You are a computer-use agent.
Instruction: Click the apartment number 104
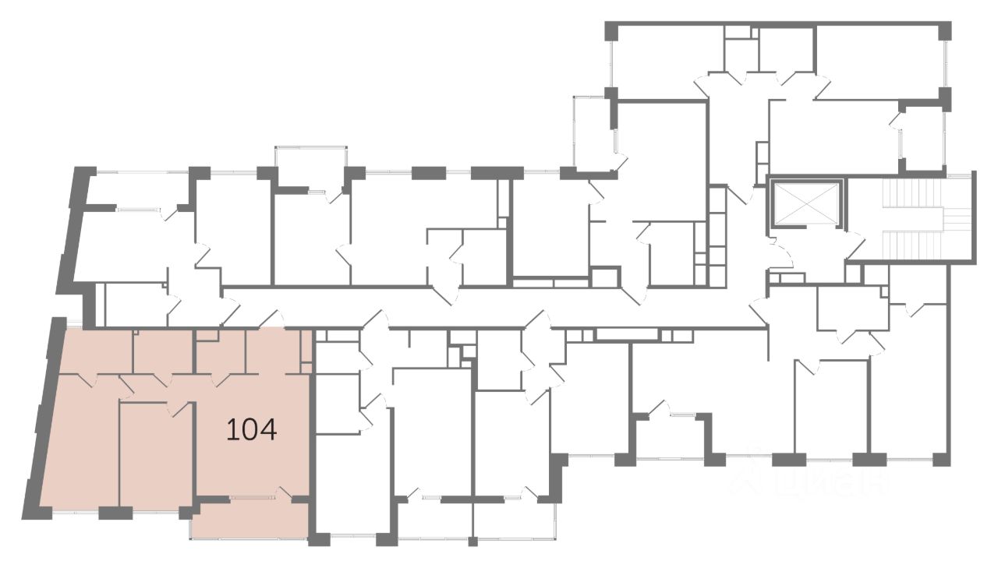pos(251,429)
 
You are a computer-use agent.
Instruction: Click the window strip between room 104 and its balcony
pos(249,497)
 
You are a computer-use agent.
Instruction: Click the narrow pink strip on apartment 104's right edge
pos(306,351)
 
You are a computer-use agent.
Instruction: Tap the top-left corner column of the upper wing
pos(612,30)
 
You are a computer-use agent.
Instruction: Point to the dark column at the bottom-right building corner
pos(941,459)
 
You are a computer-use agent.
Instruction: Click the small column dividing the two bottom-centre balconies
pos(472,541)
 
